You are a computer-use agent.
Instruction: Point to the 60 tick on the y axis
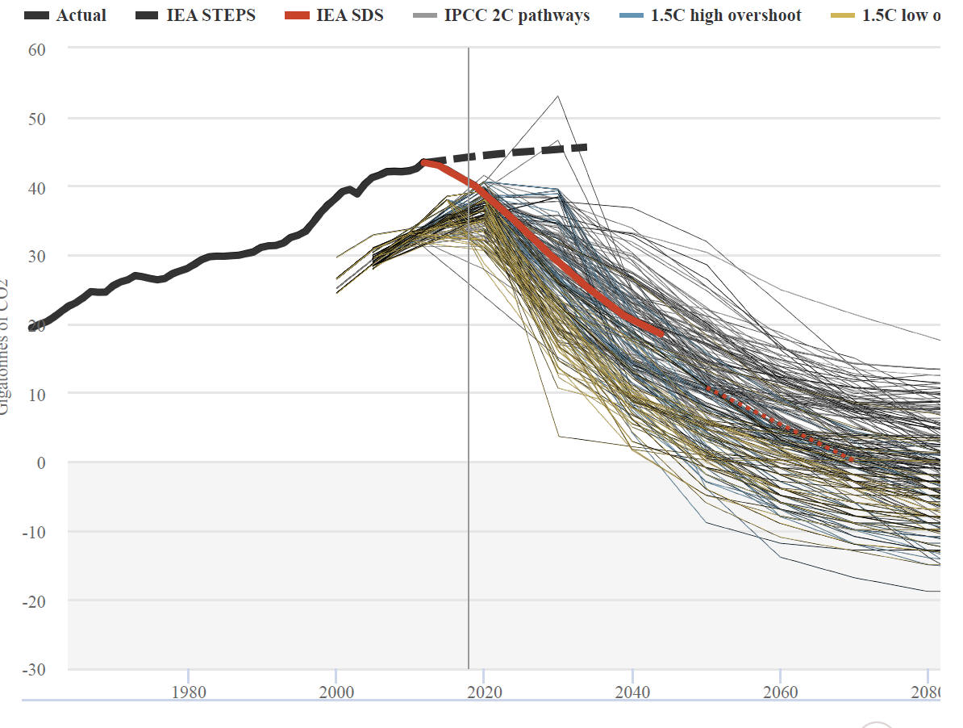point(37,49)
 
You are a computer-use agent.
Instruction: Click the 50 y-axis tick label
point(37,119)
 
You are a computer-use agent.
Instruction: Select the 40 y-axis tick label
point(37,187)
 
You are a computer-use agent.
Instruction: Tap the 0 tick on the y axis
point(41,463)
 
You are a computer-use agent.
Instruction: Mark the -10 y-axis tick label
point(35,532)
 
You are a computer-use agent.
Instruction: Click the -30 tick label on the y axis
point(35,670)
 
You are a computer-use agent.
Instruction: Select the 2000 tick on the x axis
point(336,692)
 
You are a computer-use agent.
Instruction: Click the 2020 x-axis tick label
point(484,692)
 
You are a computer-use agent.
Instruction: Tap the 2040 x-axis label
point(632,692)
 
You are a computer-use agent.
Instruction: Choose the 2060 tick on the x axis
point(780,692)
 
